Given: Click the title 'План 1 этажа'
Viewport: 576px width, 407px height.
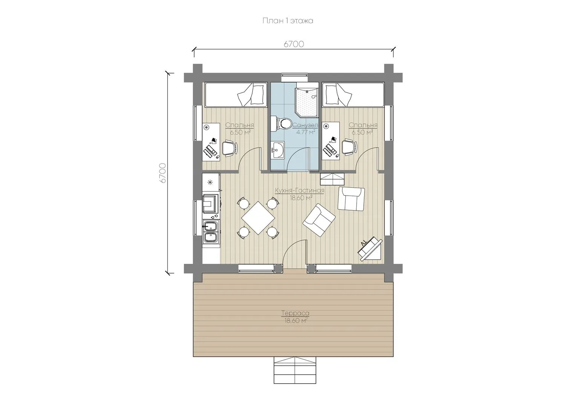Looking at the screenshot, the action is pyautogui.click(x=288, y=21).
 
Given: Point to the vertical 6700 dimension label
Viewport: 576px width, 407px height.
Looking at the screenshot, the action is pyautogui.click(x=163, y=173).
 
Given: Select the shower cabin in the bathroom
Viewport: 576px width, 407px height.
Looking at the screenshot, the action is pyautogui.click(x=307, y=101).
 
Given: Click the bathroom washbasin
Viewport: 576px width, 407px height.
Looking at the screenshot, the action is pyautogui.click(x=277, y=150).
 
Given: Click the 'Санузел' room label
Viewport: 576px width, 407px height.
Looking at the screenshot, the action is pyautogui.click(x=305, y=125).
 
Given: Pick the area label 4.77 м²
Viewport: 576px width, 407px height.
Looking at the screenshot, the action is pyautogui.click(x=306, y=132).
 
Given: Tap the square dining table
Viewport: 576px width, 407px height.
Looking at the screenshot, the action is pyautogui.click(x=258, y=218).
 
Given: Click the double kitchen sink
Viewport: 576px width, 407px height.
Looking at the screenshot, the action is pyautogui.click(x=211, y=231).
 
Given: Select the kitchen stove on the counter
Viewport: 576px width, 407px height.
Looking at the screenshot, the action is pyautogui.click(x=211, y=203).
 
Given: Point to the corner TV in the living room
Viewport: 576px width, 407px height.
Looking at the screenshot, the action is pyautogui.click(x=370, y=249).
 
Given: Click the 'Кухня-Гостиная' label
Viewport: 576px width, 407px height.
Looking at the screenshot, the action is pyautogui.click(x=300, y=191).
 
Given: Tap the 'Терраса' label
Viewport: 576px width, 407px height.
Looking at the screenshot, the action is pyautogui.click(x=295, y=313).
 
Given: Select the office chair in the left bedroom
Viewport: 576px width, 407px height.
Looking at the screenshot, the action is pyautogui.click(x=229, y=148).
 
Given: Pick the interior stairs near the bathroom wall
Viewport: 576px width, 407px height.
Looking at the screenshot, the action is pyautogui.click(x=332, y=179).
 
